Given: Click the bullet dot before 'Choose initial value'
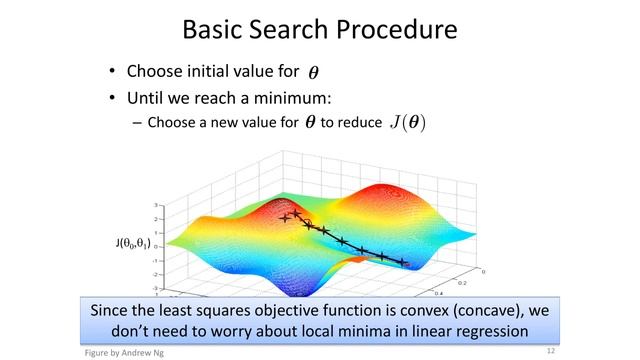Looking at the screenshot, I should coord(112,72).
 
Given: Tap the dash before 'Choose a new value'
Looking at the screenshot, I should coord(137,123).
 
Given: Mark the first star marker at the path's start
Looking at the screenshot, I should coord(285,217).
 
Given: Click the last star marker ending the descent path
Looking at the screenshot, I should coord(403,262).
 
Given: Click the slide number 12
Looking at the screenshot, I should coord(550,352).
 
